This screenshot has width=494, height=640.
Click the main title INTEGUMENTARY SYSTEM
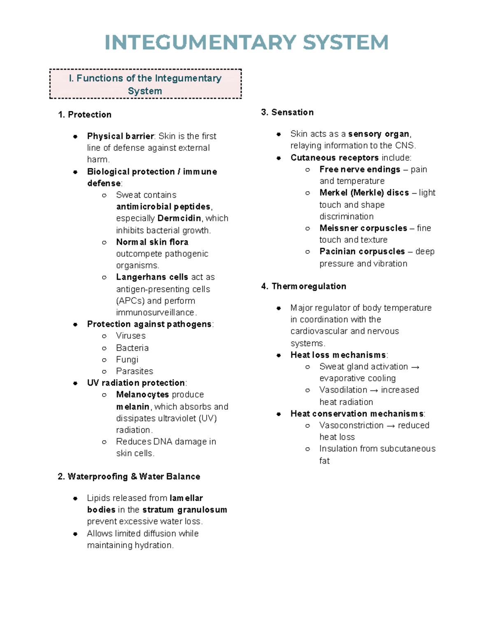click(246, 42)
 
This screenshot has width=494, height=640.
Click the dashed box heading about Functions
click(145, 84)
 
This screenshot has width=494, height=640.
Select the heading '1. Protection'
click(85, 115)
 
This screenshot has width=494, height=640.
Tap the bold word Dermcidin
click(179, 218)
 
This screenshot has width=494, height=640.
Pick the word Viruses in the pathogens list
click(130, 336)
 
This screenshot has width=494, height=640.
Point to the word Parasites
click(134, 371)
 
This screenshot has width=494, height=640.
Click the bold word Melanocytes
click(142, 394)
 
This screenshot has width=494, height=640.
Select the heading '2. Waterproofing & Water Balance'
click(129, 476)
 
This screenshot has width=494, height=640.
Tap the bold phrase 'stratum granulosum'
click(184, 510)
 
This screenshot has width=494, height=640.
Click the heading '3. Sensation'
click(287, 112)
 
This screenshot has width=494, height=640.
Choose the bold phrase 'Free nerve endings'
click(359, 169)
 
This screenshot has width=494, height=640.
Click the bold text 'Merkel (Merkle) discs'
click(364, 192)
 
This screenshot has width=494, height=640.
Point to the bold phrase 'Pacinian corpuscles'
click(362, 251)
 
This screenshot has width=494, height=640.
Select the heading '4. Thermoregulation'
click(304, 286)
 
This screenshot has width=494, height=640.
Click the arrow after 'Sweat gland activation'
click(415, 367)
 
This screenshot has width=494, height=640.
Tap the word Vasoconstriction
click(351, 425)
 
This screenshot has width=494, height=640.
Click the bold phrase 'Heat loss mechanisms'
click(338, 355)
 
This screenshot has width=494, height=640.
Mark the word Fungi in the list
click(127, 359)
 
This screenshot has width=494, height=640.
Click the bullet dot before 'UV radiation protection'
click(75, 383)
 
